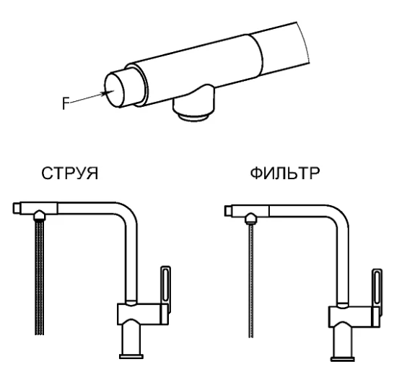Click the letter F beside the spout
click(66, 103)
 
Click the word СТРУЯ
click(70, 173)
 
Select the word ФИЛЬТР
click(285, 173)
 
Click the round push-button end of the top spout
click(114, 90)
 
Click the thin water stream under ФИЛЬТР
click(251, 281)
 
